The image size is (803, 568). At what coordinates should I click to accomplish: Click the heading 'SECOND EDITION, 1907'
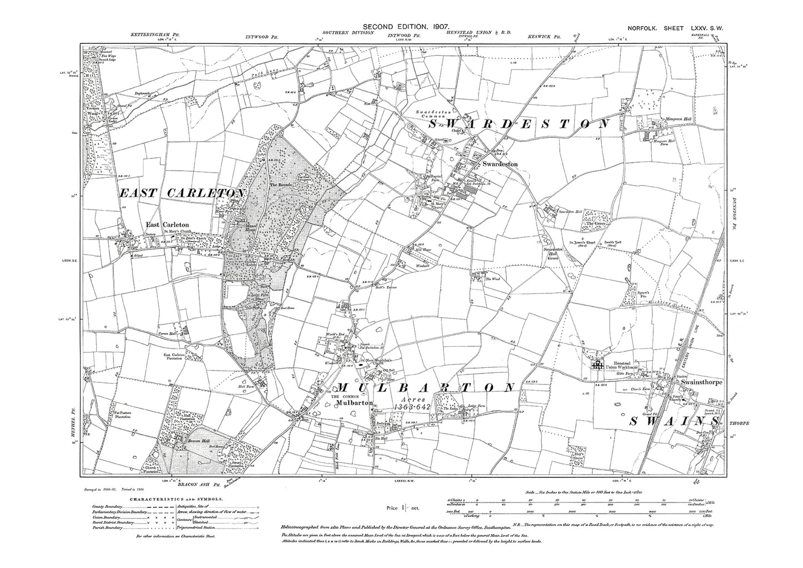click(401, 27)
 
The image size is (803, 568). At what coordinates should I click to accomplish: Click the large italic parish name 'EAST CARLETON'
click(182, 193)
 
